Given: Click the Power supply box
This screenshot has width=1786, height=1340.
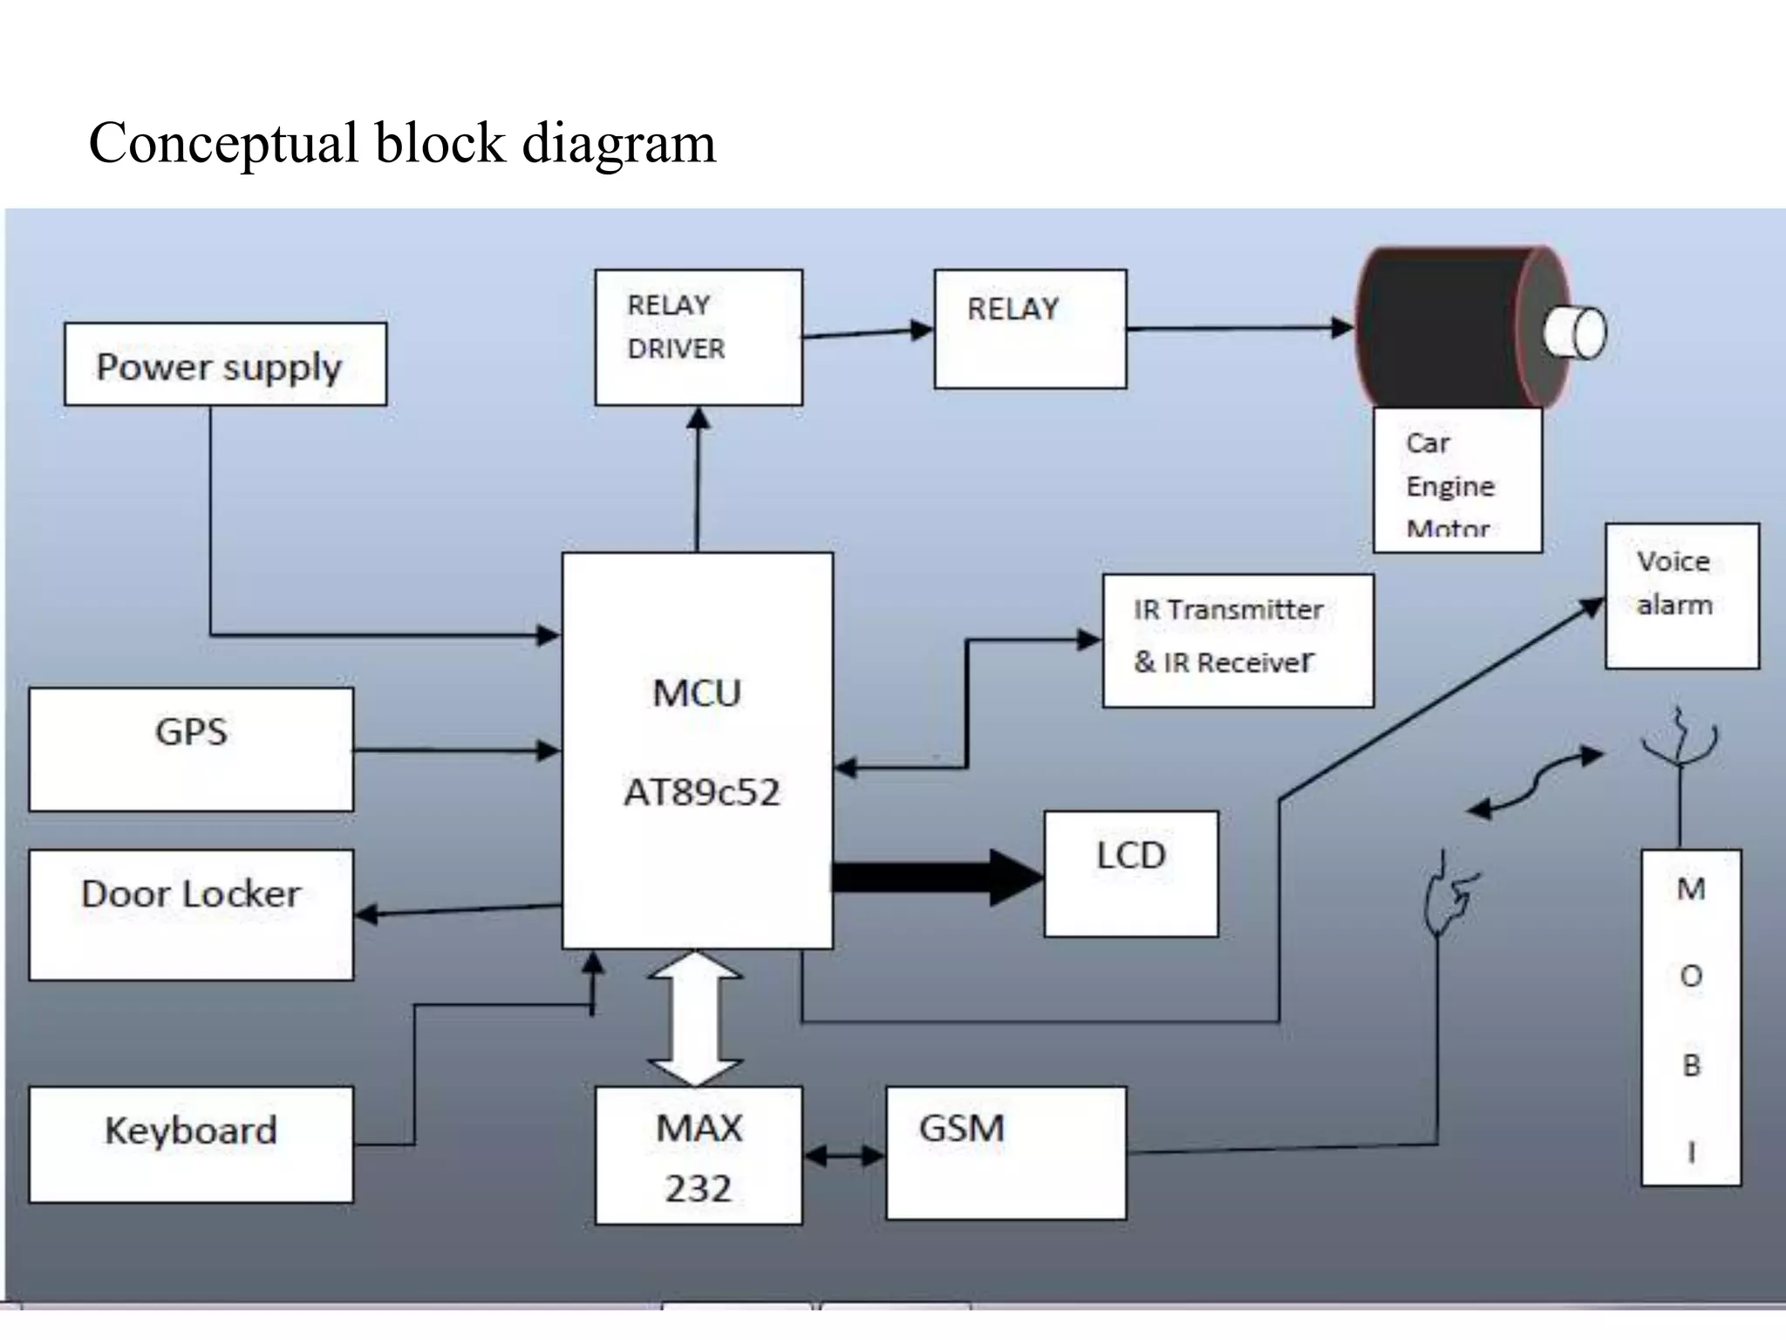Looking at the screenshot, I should (225, 365).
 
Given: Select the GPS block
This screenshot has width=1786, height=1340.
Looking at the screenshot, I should (191, 749).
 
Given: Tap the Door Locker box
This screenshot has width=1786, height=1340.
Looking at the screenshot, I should (191, 914).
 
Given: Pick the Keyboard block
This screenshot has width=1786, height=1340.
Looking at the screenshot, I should (191, 1144).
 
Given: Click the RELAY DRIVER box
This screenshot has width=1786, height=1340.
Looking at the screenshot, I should (699, 337).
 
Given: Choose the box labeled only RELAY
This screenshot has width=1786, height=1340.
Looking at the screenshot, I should (1030, 329).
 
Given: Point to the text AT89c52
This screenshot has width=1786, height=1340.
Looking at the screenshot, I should (701, 792).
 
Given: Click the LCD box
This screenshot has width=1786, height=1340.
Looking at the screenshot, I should (1131, 873).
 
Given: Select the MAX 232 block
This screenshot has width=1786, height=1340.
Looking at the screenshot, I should (699, 1155).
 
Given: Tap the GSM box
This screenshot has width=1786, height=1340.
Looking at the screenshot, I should (1005, 1152).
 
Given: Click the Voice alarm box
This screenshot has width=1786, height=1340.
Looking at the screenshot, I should (1682, 596).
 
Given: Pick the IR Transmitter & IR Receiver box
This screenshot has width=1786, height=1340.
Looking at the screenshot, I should (1237, 640).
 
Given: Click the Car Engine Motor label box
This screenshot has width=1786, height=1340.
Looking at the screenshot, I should (1457, 481).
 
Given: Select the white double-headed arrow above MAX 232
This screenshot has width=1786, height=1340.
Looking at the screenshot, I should (695, 1018).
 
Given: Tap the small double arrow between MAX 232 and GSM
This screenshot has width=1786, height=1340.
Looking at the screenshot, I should (843, 1156).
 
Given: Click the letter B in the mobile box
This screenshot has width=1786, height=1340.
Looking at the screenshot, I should (1691, 1064).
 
